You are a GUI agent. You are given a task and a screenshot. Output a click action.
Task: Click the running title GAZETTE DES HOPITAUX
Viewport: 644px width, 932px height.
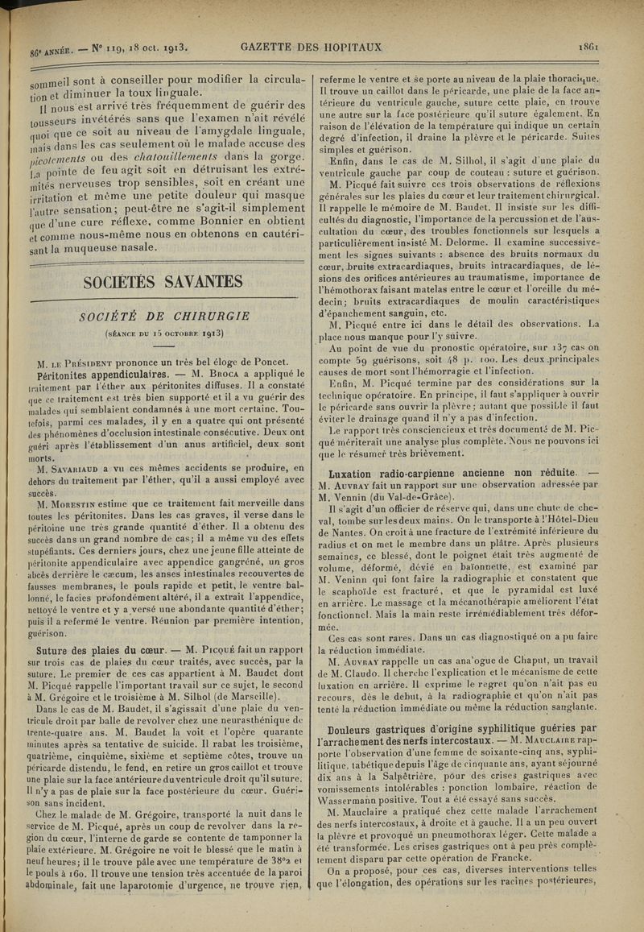point(311,47)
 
